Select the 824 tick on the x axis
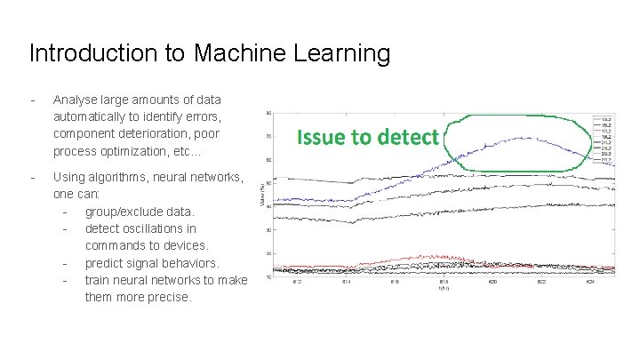click(589, 283)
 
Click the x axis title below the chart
click(443, 289)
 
